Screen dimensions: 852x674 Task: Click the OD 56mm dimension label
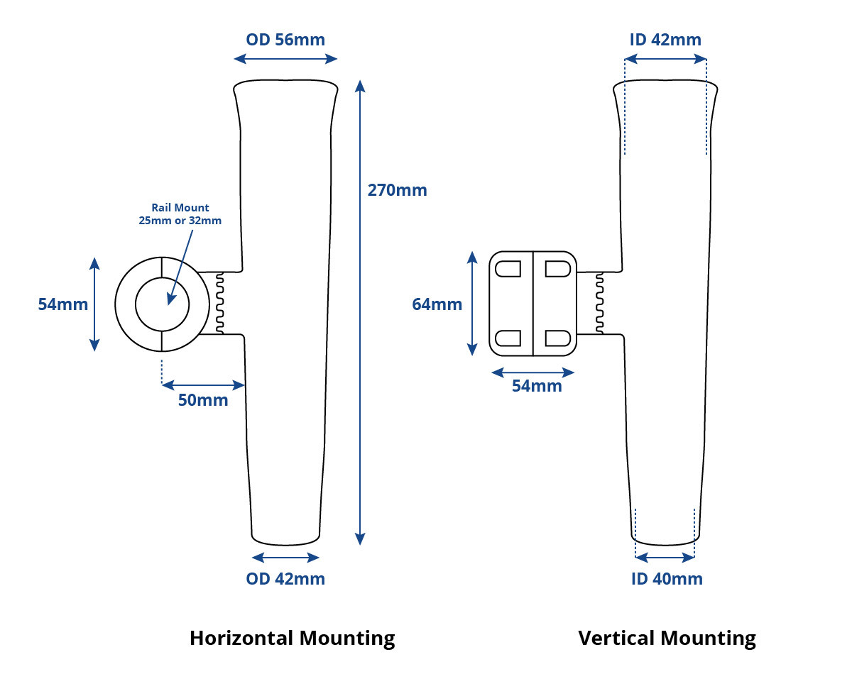pyautogui.click(x=285, y=40)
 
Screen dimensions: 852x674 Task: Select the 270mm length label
pyautogui.click(x=397, y=190)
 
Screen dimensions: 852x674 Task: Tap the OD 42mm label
pyautogui.click(x=285, y=579)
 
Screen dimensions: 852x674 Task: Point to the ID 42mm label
pyautogui.click(x=665, y=40)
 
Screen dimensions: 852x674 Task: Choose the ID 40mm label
pyautogui.click(x=667, y=579)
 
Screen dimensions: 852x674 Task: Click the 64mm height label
pyautogui.click(x=437, y=304)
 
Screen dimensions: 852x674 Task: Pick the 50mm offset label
pyautogui.click(x=203, y=399)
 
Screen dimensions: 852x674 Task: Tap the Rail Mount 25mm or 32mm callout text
pyautogui.click(x=180, y=214)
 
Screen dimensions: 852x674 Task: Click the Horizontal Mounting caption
pyautogui.click(x=293, y=639)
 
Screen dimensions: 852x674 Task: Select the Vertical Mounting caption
pyautogui.click(x=667, y=639)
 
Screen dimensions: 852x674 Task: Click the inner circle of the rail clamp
pyautogui.click(x=163, y=277)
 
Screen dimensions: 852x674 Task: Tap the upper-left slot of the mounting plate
pyautogui.click(x=508, y=269)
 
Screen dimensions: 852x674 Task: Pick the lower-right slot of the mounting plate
pyautogui.click(x=558, y=338)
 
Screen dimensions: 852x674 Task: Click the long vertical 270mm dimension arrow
pyautogui.click(x=360, y=313)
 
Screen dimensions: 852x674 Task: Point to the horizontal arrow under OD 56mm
pyautogui.click(x=285, y=59)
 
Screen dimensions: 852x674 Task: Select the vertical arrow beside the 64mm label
pyautogui.click(x=472, y=304)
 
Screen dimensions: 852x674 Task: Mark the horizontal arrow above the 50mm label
pyautogui.click(x=204, y=385)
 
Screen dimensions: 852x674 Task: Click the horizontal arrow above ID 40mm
pyautogui.click(x=665, y=558)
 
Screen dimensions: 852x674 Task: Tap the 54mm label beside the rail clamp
pyautogui.click(x=63, y=304)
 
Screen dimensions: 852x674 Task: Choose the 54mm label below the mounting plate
pyautogui.click(x=537, y=385)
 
